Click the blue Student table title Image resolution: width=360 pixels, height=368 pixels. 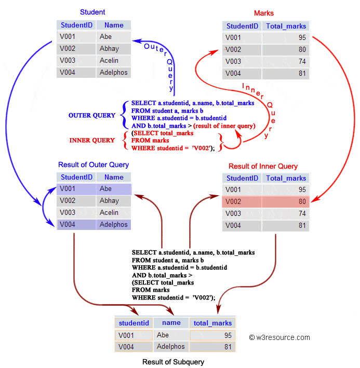click(92, 12)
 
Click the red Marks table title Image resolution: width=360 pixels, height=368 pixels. click(264, 13)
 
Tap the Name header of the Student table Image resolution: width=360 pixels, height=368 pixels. click(114, 25)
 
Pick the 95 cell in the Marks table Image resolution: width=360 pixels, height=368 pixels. click(286, 38)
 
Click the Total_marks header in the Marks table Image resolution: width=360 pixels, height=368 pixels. click(286, 26)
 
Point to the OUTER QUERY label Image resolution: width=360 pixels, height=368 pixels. click(92, 115)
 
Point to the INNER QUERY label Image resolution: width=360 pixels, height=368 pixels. click(92, 140)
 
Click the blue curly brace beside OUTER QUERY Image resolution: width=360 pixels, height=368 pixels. click(124, 114)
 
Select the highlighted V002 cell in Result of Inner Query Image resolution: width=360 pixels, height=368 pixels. click(241, 201)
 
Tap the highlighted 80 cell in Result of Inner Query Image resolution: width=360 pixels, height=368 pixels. click(286, 201)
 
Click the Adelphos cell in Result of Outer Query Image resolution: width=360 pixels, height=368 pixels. click(113, 225)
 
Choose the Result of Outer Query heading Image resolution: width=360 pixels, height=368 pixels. click(94, 165)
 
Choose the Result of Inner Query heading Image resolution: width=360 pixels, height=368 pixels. click(263, 166)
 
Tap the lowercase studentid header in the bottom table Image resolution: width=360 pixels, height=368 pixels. click(134, 323)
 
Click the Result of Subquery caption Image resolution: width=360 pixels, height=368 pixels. click(173, 362)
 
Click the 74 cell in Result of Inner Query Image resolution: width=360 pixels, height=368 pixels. click(286, 213)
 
